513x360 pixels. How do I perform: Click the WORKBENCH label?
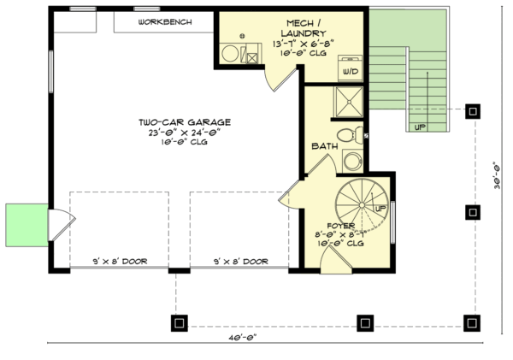163,21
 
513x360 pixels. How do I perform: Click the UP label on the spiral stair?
380,207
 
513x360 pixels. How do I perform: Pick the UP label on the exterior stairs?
419,127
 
